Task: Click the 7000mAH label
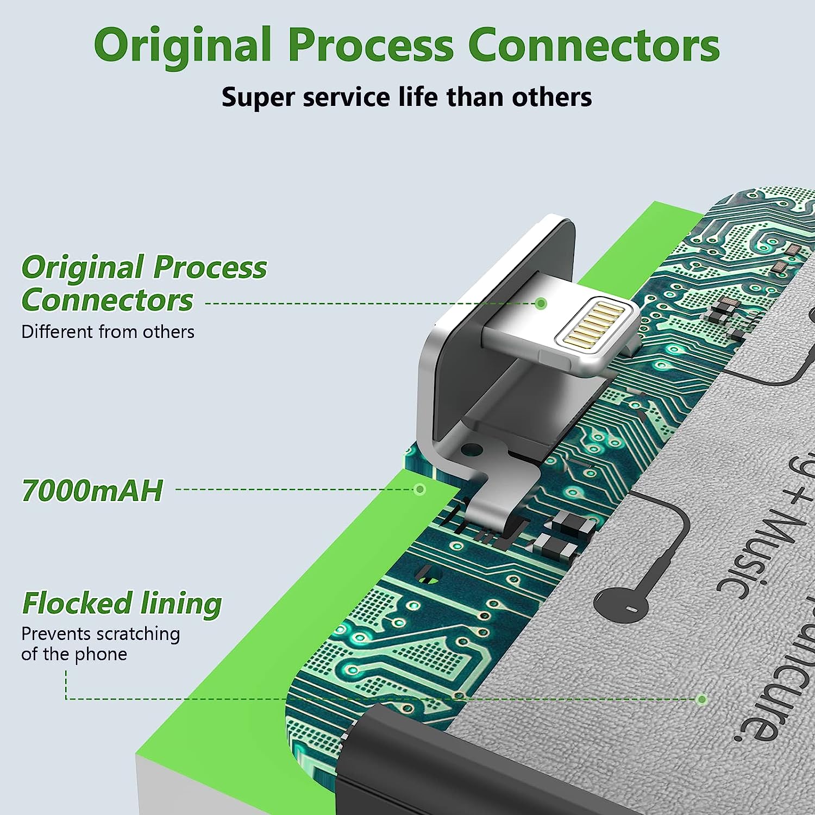92,491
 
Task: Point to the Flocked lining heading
122,604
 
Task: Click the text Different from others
108,331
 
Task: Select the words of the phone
74,654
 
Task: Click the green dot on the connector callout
541,303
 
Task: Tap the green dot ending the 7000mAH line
419,490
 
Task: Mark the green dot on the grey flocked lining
702,699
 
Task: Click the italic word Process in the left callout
210,267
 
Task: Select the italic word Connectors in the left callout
107,300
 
